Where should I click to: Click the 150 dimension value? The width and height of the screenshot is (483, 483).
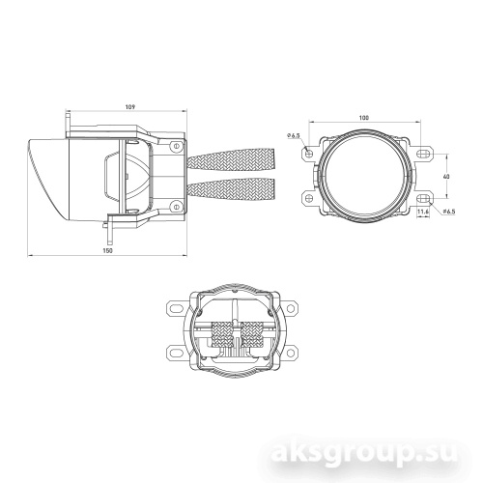[x=106, y=250]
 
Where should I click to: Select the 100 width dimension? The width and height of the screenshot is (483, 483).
[x=363, y=118]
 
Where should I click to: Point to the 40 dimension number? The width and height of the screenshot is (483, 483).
[x=446, y=176]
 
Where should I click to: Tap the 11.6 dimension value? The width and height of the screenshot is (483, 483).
[x=423, y=223]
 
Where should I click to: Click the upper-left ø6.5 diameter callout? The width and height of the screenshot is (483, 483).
[x=295, y=135]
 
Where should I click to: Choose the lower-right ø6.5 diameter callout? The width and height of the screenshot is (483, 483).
[x=450, y=211]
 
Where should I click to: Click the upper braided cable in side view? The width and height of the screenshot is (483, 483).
[x=232, y=160]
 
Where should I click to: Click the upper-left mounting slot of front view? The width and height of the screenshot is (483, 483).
[x=308, y=154]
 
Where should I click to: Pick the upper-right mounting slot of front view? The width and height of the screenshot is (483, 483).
[x=424, y=154]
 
